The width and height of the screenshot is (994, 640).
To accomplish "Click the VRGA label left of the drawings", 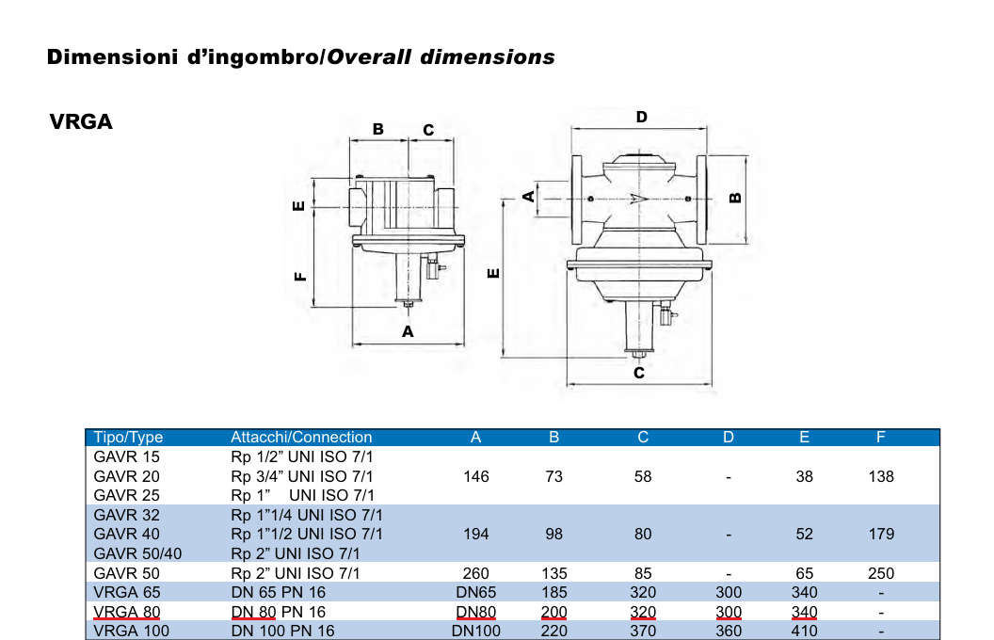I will [x=81, y=122].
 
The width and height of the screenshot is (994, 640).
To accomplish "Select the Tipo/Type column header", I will [x=128, y=437].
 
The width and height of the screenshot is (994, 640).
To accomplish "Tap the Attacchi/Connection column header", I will [x=301, y=437].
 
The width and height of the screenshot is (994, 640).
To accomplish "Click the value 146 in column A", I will [x=476, y=476].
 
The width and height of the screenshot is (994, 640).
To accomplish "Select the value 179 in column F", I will [x=881, y=534].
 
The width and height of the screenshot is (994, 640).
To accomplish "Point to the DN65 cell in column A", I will [x=476, y=592].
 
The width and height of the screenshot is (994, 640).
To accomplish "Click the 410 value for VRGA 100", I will [x=804, y=631].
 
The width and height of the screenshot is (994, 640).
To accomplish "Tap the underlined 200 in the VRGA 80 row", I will [x=553, y=612].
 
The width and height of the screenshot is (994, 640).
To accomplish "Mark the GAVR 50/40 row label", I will [x=137, y=553].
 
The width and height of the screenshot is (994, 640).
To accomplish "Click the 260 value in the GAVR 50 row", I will [x=476, y=572].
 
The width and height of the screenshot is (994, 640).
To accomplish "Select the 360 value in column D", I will [x=729, y=631].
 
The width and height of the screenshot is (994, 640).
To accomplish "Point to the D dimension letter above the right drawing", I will [x=641, y=117].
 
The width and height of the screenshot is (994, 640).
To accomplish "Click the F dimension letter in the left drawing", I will [x=299, y=277].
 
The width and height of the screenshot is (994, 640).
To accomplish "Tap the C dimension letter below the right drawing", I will [x=638, y=373].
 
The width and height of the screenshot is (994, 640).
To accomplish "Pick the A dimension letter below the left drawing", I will [x=408, y=331].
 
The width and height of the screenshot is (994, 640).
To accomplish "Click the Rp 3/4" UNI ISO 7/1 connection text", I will [x=302, y=476].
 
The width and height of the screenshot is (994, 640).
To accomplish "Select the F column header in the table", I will [x=880, y=437].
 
